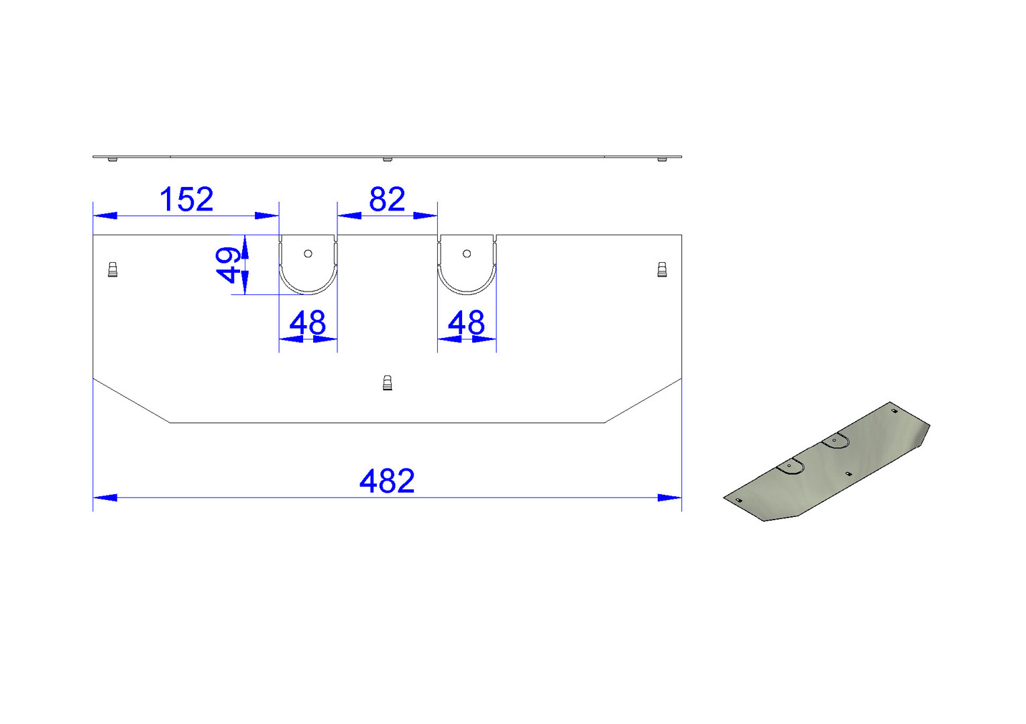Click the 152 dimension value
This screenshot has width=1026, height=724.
point(186,200)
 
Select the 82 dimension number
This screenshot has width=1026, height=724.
point(387,200)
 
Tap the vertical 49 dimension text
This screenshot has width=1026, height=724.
point(229,265)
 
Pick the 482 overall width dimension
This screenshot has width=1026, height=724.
point(387,481)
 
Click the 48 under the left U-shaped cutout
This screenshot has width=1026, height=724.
point(308,323)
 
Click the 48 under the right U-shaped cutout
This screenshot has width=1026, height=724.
point(466,323)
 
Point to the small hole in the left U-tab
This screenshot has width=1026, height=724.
point(308,253)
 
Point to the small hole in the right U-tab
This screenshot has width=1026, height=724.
point(467,253)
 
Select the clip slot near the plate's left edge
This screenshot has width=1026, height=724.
point(113,269)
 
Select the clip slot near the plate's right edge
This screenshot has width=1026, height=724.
point(662,269)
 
